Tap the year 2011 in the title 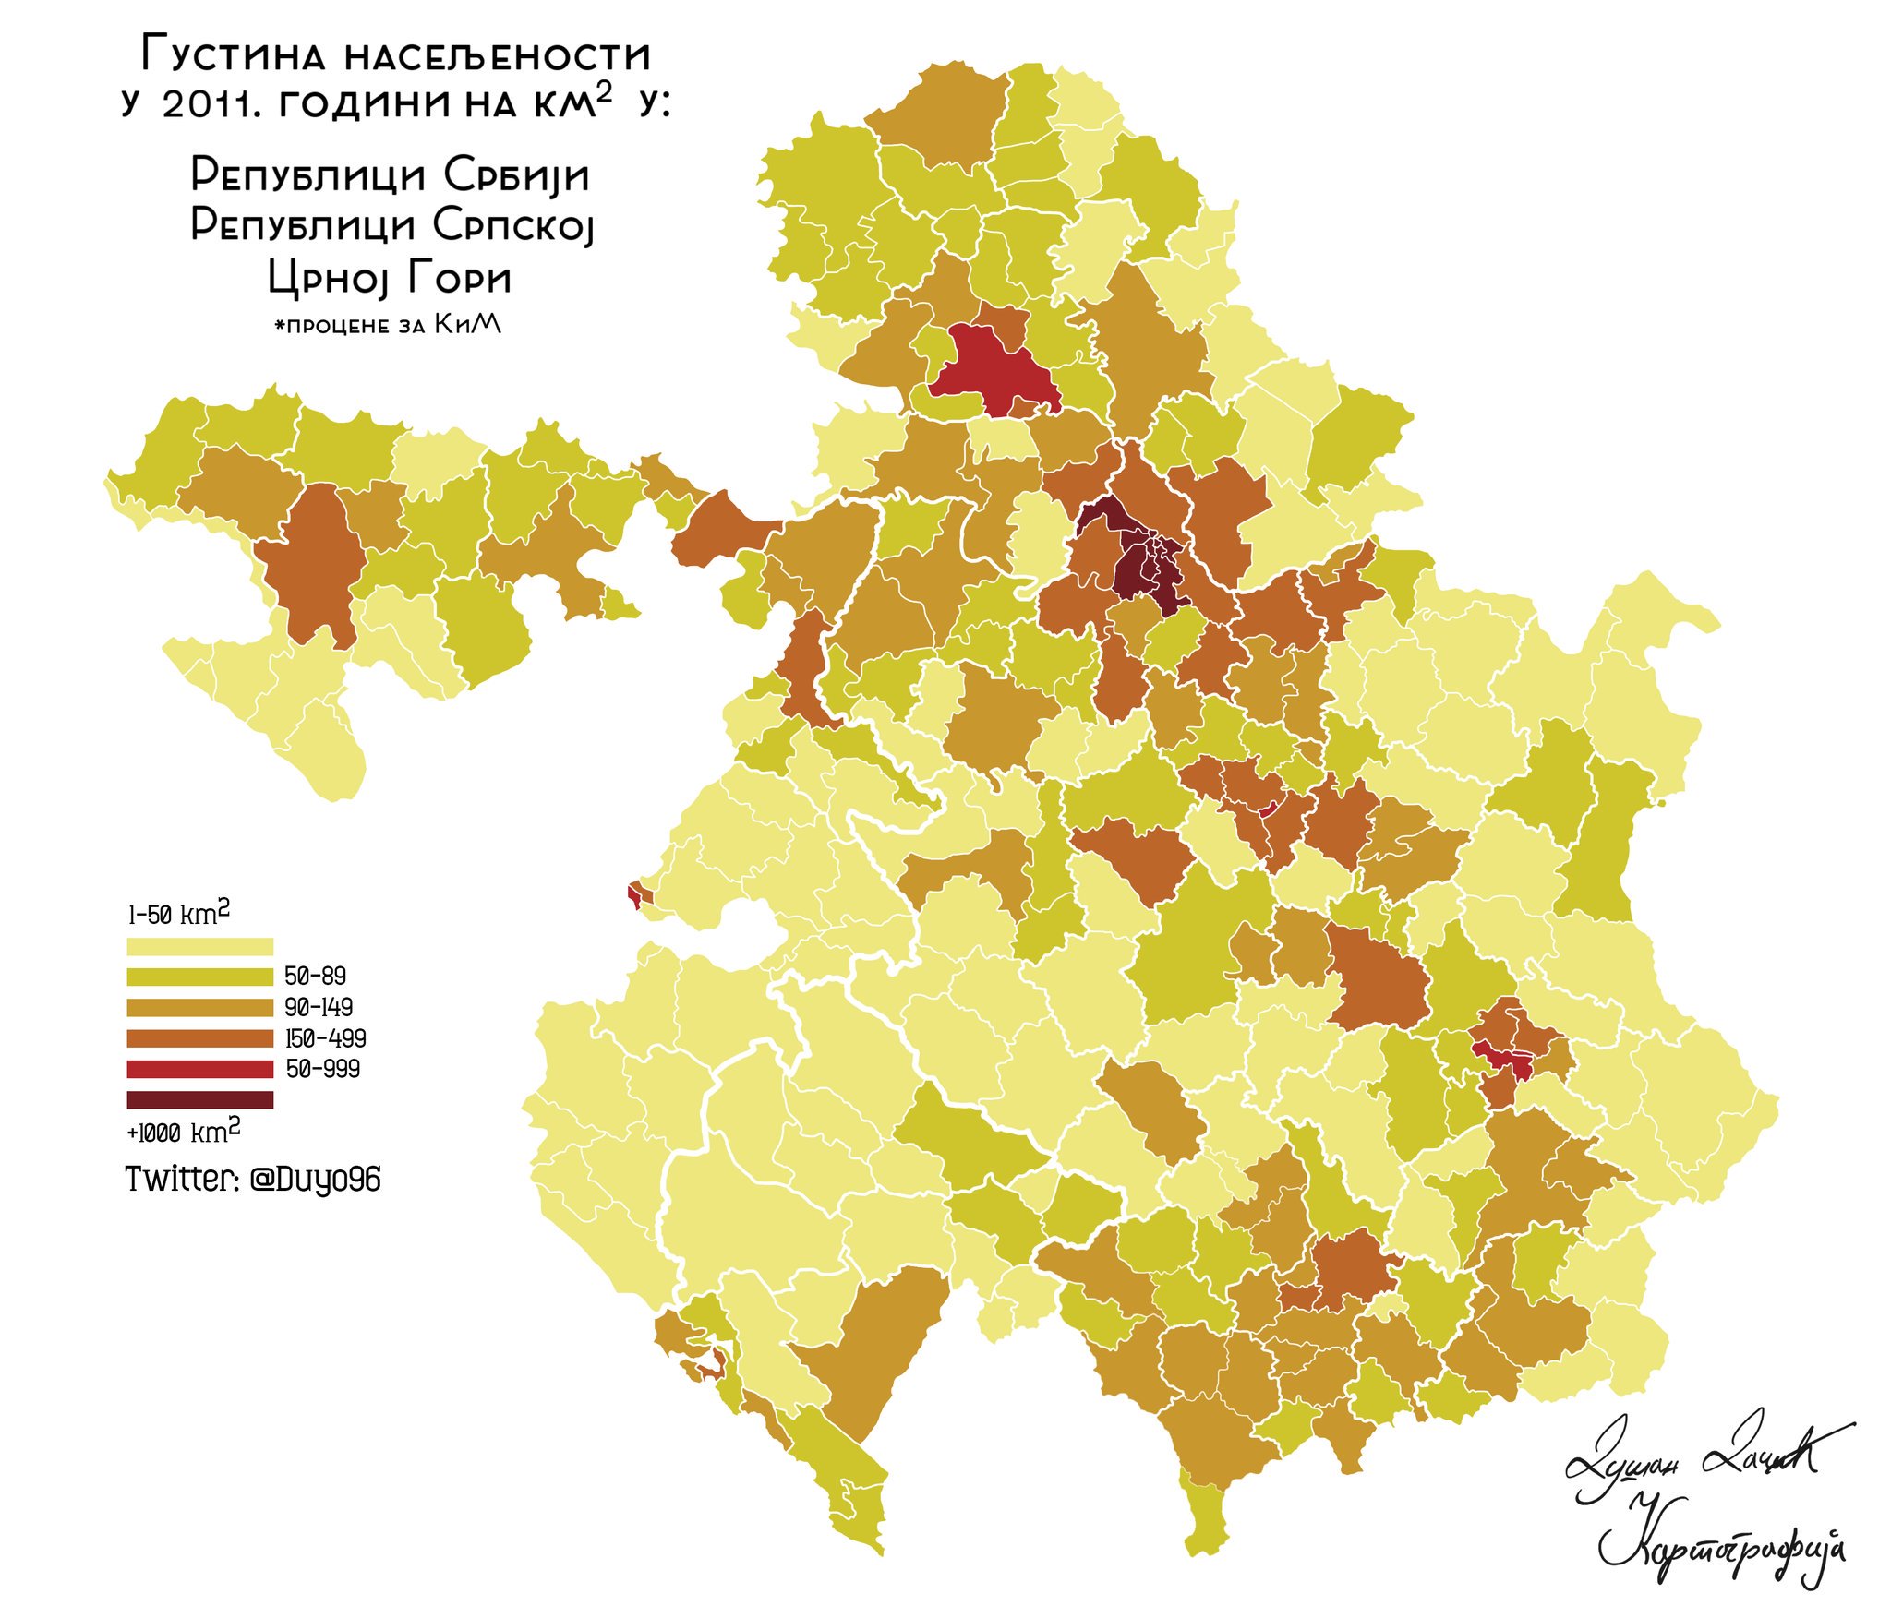coord(205,104)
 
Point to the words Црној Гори coord(389,277)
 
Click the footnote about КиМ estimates coord(388,325)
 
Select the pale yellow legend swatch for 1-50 coord(199,946)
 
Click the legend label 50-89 coord(316,976)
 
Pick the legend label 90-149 coord(319,1007)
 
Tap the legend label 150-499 coord(325,1038)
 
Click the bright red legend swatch coord(199,1069)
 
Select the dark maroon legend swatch coord(199,1099)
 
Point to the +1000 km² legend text coord(183,1132)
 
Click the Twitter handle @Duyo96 coord(315,1179)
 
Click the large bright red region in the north coord(993,369)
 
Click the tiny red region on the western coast coord(634,894)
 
